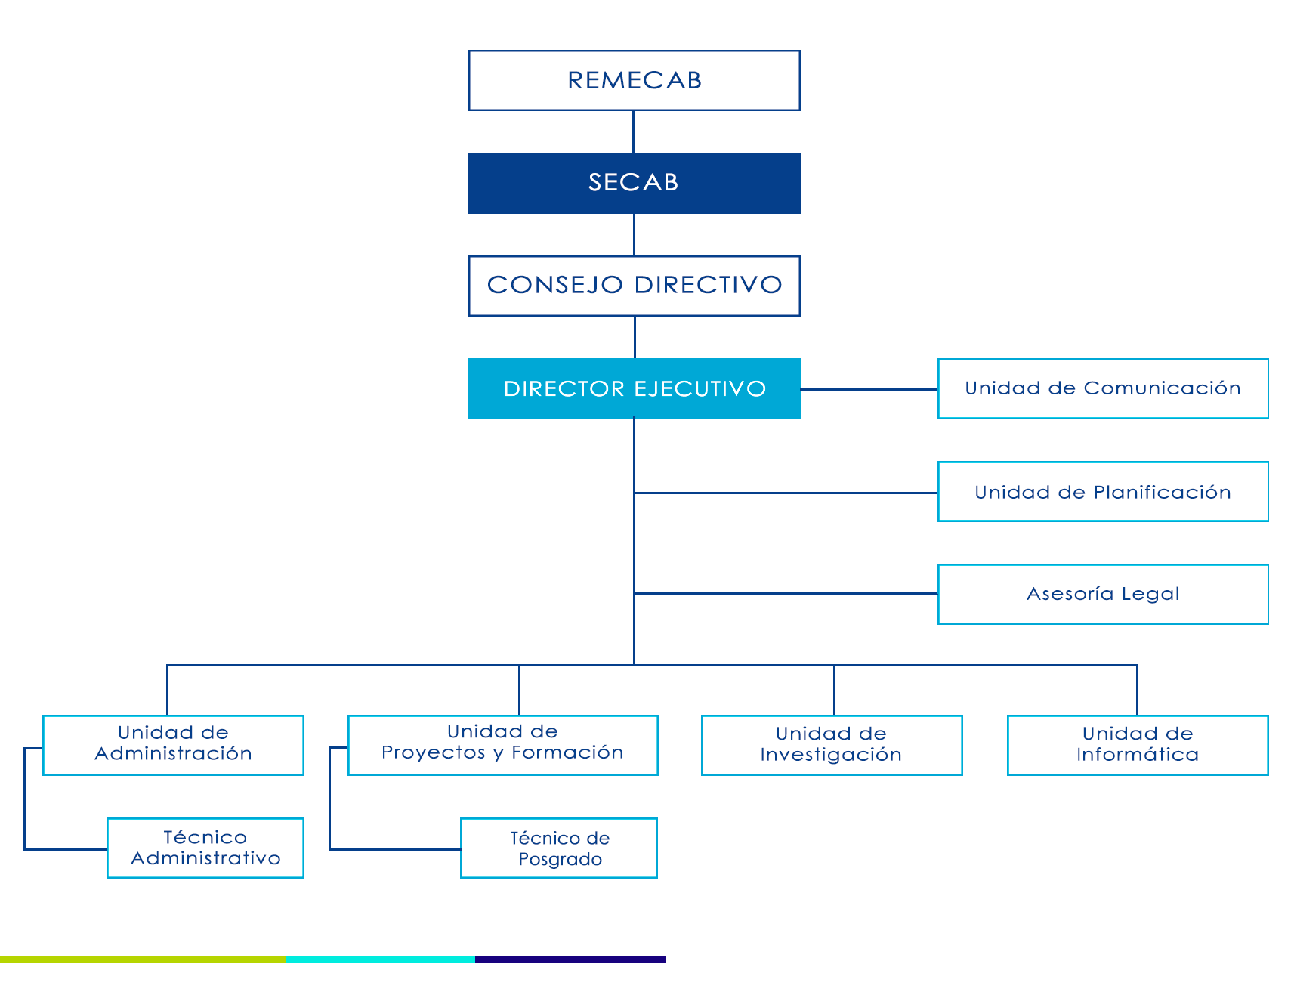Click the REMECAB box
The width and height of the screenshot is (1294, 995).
coord(634,81)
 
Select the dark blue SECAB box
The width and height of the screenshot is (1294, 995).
coord(634,183)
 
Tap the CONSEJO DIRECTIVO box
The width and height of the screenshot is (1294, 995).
coord(634,286)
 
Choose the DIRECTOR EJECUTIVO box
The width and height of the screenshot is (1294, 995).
coord(634,388)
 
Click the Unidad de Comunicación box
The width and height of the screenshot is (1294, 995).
coord(1102,388)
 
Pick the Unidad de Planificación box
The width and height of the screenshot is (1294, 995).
coord(1102,492)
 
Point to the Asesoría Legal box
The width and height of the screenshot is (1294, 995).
coord(1102,594)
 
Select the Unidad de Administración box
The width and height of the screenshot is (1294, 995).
coord(173,744)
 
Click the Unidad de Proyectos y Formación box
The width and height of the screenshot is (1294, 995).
coord(502,744)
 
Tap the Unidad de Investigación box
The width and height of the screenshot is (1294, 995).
coord(831,744)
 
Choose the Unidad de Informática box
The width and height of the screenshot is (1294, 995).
coord(1137,744)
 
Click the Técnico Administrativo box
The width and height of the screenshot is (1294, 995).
coord(205,848)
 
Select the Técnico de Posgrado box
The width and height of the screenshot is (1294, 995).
coord(559,848)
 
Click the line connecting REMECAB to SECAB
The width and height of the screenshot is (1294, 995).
coord(633,131)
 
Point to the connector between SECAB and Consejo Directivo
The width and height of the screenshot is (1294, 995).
coord(634,235)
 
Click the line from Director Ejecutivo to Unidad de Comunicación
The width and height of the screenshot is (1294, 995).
coord(869,389)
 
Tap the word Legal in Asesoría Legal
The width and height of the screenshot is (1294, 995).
coord(1150,594)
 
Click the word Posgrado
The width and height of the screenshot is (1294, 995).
coord(560,860)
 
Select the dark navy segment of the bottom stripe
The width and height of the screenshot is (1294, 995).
coord(570,959)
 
